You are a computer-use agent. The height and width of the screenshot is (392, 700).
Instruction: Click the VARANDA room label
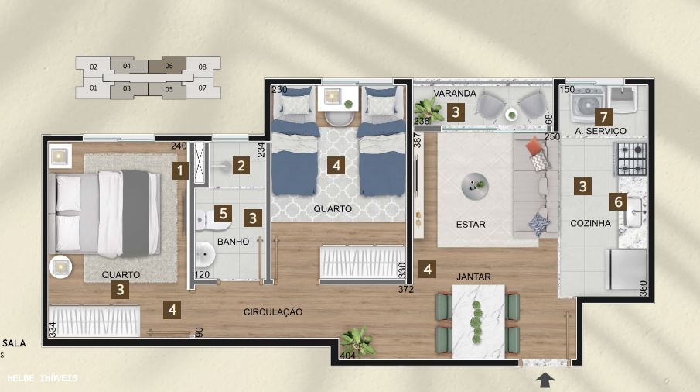point(455,94)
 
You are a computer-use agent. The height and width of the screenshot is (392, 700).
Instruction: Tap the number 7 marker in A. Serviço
point(603,118)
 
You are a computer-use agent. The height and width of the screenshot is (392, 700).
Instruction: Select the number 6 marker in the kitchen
point(617,201)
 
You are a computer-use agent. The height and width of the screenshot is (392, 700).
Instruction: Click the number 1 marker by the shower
point(180,170)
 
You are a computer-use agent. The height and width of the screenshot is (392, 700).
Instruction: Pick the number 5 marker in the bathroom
point(223,213)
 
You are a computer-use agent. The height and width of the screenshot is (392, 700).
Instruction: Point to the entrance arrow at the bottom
point(546,379)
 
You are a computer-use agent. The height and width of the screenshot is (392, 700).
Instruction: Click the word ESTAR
point(470,225)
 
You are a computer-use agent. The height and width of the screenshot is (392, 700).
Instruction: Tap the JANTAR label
point(473,277)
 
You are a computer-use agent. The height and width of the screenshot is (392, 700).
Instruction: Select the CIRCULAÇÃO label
point(273,311)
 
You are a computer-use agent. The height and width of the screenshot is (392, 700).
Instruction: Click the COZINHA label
point(590,223)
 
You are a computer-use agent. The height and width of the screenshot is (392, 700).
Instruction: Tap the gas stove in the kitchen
point(630,158)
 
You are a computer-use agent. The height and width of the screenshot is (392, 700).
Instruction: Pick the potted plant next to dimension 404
point(357,340)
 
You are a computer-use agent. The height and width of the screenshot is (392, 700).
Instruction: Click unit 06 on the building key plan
point(169,67)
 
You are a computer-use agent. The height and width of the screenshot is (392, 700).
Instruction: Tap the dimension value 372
point(406,289)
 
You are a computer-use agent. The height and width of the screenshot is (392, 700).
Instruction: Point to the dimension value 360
point(642,287)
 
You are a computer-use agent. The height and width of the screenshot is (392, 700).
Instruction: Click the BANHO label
point(233,242)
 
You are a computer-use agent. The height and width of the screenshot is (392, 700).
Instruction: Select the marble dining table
point(478,319)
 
